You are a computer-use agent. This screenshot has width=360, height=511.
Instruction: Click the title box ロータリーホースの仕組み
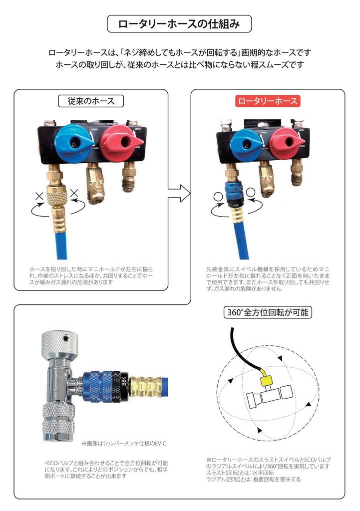click(179, 24)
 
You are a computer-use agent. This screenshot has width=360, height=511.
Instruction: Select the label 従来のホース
click(91, 101)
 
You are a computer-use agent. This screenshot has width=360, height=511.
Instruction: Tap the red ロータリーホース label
click(267, 101)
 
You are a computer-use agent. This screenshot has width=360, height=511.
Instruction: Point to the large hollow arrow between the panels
click(179, 191)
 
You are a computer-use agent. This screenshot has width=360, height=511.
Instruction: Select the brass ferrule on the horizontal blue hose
click(145, 385)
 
